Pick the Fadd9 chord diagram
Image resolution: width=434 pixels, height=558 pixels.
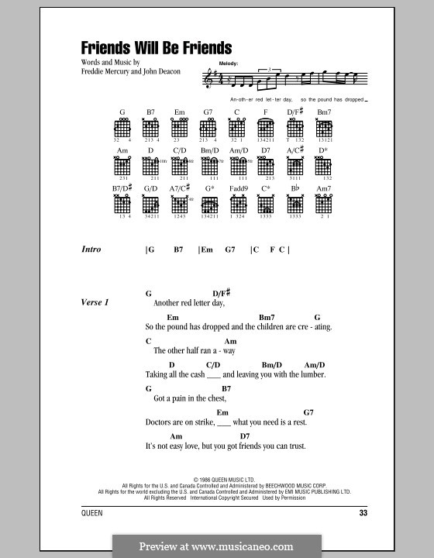coord(237,204)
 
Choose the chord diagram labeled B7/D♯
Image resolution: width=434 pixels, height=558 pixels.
coord(123,204)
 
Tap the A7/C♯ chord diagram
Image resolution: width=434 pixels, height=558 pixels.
coord(180,204)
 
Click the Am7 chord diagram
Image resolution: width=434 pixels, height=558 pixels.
coord(323,204)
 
